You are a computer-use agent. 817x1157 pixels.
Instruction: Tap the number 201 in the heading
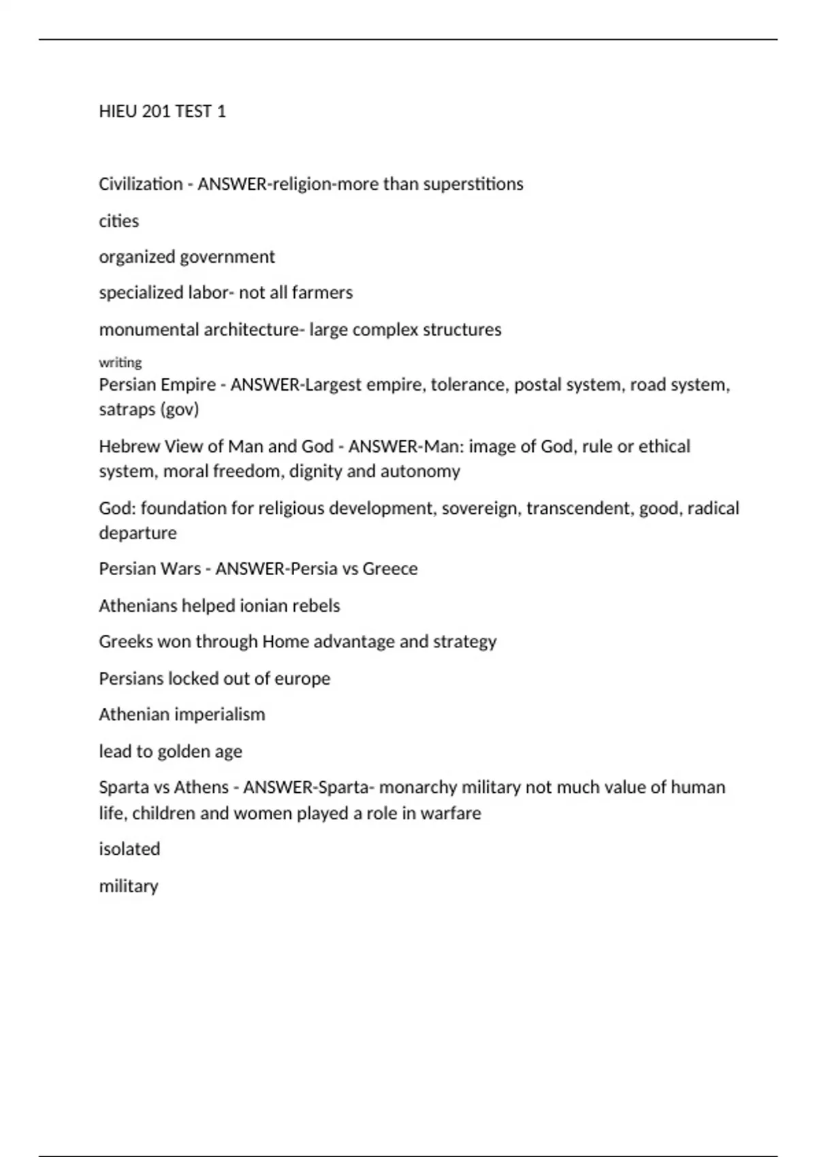(157, 111)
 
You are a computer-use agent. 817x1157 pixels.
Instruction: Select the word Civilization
(140, 184)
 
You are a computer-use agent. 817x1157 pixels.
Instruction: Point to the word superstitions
(473, 184)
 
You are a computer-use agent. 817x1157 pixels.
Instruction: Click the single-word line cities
(118, 221)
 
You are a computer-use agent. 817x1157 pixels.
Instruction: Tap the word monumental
(148, 329)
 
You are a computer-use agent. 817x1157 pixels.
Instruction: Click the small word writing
(120, 362)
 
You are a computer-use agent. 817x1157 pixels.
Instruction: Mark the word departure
(138, 533)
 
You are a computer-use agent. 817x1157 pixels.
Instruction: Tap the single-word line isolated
(129, 849)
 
